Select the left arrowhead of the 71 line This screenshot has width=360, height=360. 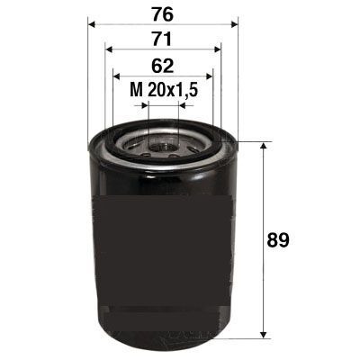pos(109,49)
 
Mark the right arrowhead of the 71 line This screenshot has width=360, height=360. pos(218,49)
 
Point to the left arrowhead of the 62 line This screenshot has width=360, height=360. pos(115,77)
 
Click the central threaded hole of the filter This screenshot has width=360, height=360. pos(163,144)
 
